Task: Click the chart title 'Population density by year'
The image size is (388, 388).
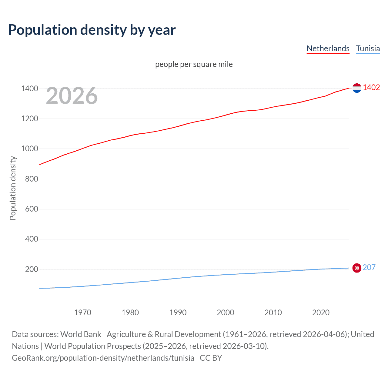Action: point(92,30)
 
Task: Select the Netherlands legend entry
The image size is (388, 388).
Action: point(328,48)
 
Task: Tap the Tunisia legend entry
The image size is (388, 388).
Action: point(368,48)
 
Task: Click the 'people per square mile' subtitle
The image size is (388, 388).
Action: point(194,64)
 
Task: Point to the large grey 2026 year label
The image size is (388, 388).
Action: point(72,96)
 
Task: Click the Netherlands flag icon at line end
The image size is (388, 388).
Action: point(357,88)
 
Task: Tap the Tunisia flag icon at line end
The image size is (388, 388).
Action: point(357,268)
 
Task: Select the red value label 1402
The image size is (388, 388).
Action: point(371,88)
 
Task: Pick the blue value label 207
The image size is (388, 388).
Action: point(369,267)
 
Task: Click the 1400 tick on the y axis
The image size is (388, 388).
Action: point(29,89)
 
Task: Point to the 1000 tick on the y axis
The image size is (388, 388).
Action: point(29,149)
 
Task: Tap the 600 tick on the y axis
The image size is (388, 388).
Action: point(32,209)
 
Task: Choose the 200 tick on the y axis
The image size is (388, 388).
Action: point(32,269)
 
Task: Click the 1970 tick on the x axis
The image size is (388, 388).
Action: point(82,313)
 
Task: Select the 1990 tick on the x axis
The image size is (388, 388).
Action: point(178,313)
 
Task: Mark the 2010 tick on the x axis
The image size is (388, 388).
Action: point(273,313)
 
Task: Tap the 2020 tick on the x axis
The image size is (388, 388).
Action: point(321,313)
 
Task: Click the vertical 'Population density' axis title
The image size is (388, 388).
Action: point(13,188)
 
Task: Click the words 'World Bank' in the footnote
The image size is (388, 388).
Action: point(81,334)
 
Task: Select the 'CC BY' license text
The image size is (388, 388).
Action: point(211,358)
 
